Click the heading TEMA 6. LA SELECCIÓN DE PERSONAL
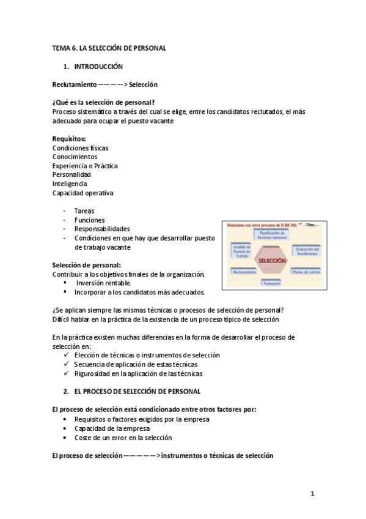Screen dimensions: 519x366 click(x=109, y=47)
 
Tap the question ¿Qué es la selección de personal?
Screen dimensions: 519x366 click(x=103, y=102)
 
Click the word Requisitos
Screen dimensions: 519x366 click(x=68, y=139)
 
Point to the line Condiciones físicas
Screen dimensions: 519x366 click(x=81, y=147)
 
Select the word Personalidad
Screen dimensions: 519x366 click(x=71, y=174)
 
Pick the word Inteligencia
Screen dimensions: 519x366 click(x=70, y=184)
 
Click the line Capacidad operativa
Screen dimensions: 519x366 click(x=82, y=193)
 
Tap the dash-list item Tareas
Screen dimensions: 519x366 click(x=84, y=211)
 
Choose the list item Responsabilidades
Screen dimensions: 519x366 click(x=102, y=229)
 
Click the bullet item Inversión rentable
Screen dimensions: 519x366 click(x=103, y=283)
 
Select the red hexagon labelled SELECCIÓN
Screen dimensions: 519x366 click(x=273, y=260)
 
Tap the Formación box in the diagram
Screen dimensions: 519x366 click(x=272, y=283)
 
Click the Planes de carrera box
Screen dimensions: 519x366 click(x=306, y=271)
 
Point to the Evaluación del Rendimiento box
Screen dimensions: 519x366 click(x=306, y=251)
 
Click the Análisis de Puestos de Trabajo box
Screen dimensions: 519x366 click(x=240, y=250)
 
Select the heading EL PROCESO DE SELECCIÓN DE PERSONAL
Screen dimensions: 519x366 click(x=137, y=391)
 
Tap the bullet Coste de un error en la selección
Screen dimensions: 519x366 click(x=123, y=438)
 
